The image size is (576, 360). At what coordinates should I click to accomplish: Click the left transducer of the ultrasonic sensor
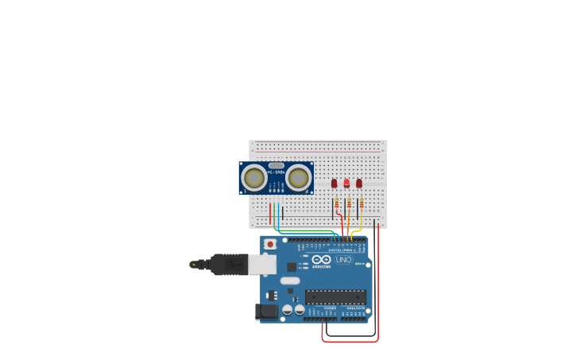pyautogui.click(x=254, y=178)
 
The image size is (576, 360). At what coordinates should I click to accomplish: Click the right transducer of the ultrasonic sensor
pyautogui.click(x=299, y=178)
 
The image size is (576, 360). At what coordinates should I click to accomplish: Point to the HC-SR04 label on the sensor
pyautogui.click(x=276, y=172)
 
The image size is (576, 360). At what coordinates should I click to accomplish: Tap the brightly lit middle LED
pyautogui.click(x=346, y=184)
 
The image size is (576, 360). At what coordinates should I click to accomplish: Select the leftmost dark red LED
pyautogui.click(x=334, y=184)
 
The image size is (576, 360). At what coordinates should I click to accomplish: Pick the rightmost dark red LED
pyautogui.click(x=359, y=184)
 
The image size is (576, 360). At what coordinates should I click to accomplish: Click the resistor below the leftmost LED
pyautogui.click(x=336, y=204)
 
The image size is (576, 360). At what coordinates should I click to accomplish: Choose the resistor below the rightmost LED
pyautogui.click(x=361, y=204)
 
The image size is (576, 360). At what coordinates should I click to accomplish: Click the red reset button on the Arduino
pyautogui.click(x=270, y=244)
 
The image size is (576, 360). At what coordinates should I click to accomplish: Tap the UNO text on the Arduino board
pyautogui.click(x=343, y=260)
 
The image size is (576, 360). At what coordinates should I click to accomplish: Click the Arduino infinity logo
pyautogui.click(x=322, y=260)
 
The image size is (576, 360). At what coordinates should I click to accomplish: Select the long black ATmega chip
pyautogui.click(x=335, y=297)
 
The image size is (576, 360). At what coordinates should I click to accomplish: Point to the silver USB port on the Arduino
pyautogui.click(x=263, y=264)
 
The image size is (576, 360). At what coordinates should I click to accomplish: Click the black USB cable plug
pyautogui.click(x=230, y=264)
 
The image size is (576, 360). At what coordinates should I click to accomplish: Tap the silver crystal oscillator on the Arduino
pyautogui.click(x=290, y=281)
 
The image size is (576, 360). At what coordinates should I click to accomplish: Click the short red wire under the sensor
pyautogui.click(x=270, y=213)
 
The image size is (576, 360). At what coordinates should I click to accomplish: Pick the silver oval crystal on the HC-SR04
pyautogui.click(x=276, y=165)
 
